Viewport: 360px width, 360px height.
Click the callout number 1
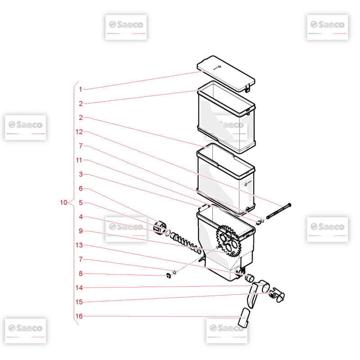click(81, 89)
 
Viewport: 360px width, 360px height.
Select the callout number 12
click(79, 132)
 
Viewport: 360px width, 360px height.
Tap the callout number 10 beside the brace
click(63, 202)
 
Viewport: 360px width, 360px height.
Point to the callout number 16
click(79, 316)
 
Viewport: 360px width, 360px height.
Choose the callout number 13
click(79, 245)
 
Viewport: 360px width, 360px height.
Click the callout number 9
click(81, 231)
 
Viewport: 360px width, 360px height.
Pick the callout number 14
click(79, 288)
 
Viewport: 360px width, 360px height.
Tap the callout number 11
click(79, 160)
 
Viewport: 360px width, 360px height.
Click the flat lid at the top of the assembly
click(226, 73)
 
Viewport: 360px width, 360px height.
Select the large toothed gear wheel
click(229, 241)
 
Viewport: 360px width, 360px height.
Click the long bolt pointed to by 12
click(279, 211)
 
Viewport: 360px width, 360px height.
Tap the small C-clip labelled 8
click(168, 276)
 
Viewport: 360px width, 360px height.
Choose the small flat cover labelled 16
click(244, 318)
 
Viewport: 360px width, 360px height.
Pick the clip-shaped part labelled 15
click(277, 295)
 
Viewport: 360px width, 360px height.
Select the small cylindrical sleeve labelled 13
click(249, 278)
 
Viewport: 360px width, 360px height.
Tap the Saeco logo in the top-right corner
click(328, 27)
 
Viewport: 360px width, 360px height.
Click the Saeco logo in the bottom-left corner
click(25, 331)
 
